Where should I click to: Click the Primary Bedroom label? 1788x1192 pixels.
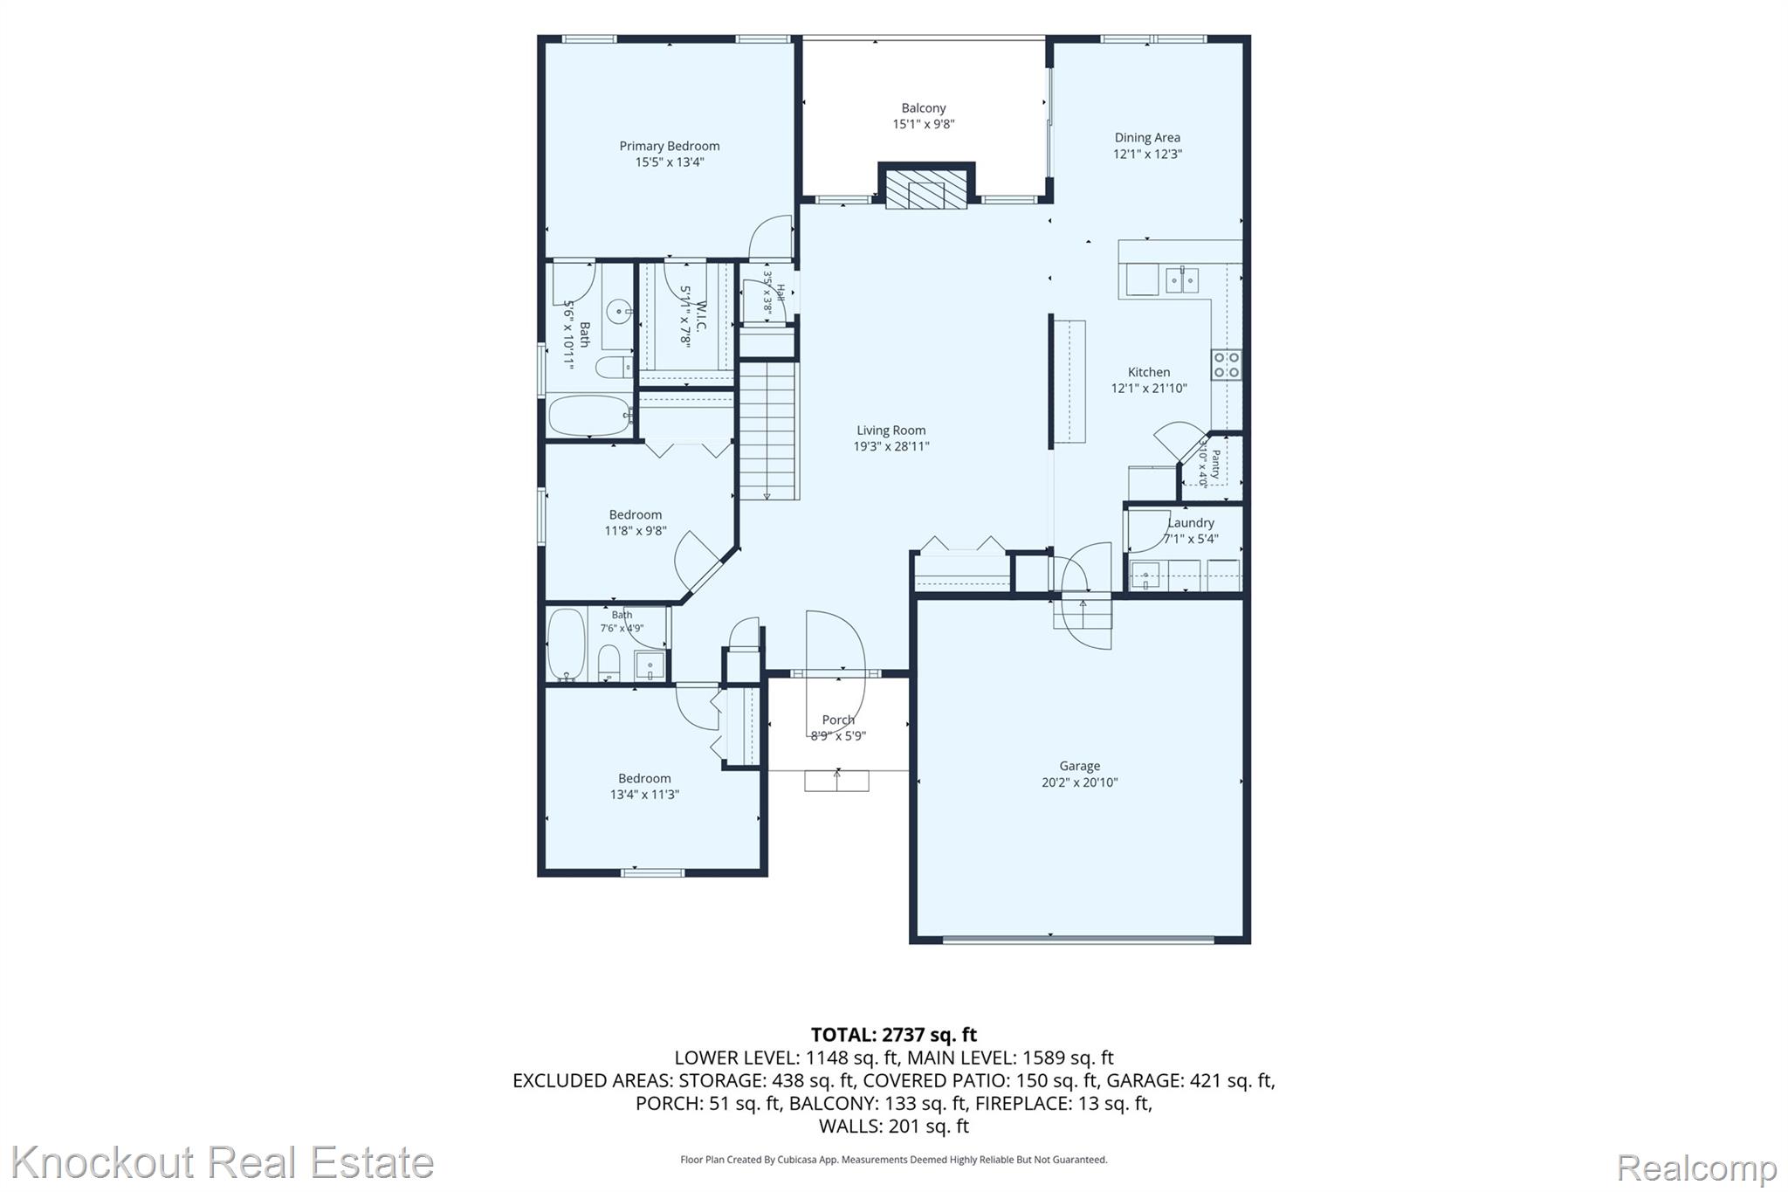pyautogui.click(x=670, y=146)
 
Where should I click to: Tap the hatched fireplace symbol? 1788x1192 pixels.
pyautogui.click(x=926, y=187)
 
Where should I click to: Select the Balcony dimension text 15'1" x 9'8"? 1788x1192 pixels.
pyautogui.click(x=923, y=124)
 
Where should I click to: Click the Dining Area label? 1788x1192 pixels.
pyautogui.click(x=1147, y=137)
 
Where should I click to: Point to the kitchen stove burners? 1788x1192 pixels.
pyautogui.click(x=1226, y=364)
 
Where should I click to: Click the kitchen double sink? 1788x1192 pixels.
pyautogui.click(x=1182, y=280)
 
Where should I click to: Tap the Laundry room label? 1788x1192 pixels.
pyautogui.click(x=1191, y=522)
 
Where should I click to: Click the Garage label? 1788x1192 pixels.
pyautogui.click(x=1080, y=766)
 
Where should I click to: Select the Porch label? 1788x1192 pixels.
pyautogui.click(x=838, y=720)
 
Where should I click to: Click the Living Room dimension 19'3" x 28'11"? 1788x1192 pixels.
pyautogui.click(x=891, y=446)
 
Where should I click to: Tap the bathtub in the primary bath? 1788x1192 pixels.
pyautogui.click(x=589, y=416)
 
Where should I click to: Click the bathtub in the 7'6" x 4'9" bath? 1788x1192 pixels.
pyautogui.click(x=567, y=644)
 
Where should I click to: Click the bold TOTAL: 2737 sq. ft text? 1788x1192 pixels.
pyautogui.click(x=894, y=1035)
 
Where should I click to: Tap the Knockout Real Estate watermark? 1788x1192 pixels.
pyautogui.click(x=223, y=1162)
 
